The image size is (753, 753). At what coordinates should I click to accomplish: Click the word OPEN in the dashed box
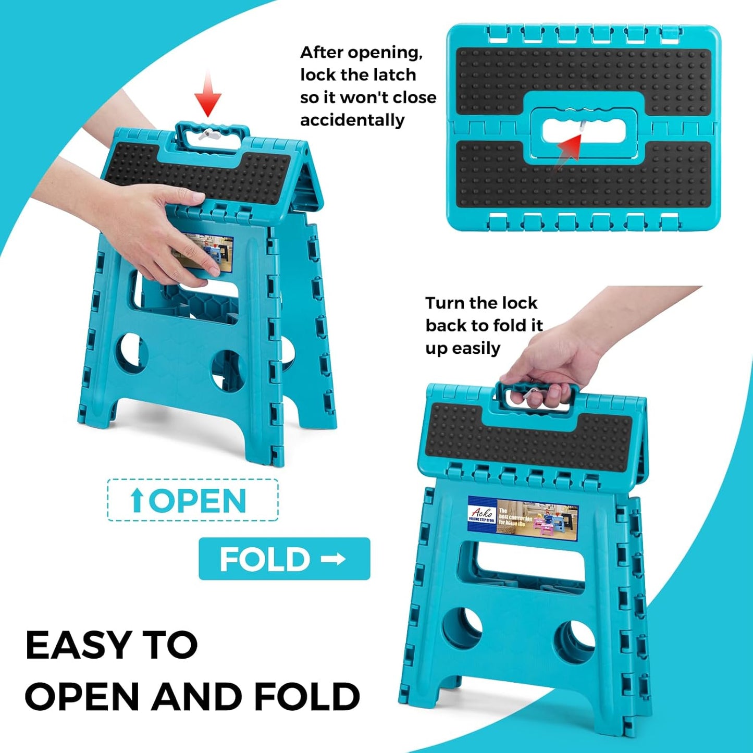click(197, 501)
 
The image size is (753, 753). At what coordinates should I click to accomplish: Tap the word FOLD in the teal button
click(265, 559)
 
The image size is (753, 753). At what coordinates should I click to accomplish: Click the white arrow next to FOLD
click(334, 559)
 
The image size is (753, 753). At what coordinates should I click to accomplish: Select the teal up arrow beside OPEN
click(137, 500)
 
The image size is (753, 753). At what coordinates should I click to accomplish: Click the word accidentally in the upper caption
click(352, 120)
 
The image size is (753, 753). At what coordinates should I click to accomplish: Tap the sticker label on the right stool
click(523, 518)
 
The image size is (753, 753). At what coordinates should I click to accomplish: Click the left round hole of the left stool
click(131, 353)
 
